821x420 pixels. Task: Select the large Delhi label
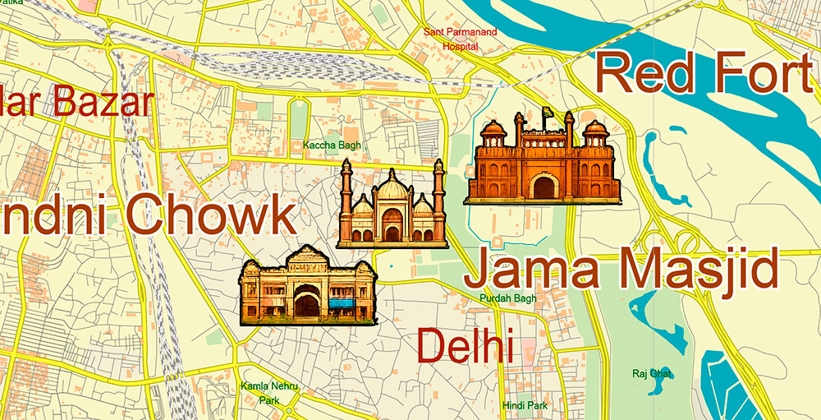point(465,346)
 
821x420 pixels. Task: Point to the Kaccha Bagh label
point(332,145)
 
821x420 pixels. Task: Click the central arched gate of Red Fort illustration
point(544,187)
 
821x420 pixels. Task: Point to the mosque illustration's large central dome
point(392,190)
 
